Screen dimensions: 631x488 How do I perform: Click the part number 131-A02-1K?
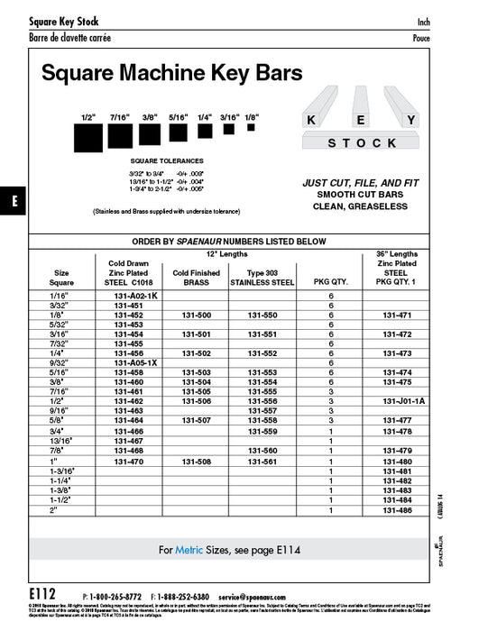point(135,296)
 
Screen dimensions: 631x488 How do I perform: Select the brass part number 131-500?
point(197,315)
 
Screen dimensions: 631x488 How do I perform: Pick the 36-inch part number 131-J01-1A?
point(403,400)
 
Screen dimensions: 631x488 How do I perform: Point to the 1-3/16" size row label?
point(62,471)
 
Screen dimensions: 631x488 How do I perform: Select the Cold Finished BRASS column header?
point(197,277)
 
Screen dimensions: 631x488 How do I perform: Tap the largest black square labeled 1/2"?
point(88,139)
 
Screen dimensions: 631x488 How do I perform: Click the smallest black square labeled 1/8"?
point(252,129)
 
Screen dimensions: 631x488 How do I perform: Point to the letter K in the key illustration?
point(311,120)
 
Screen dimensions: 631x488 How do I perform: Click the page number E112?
point(42,596)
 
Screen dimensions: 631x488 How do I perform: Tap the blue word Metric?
point(189,549)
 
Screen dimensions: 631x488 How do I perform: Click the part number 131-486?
point(403,509)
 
